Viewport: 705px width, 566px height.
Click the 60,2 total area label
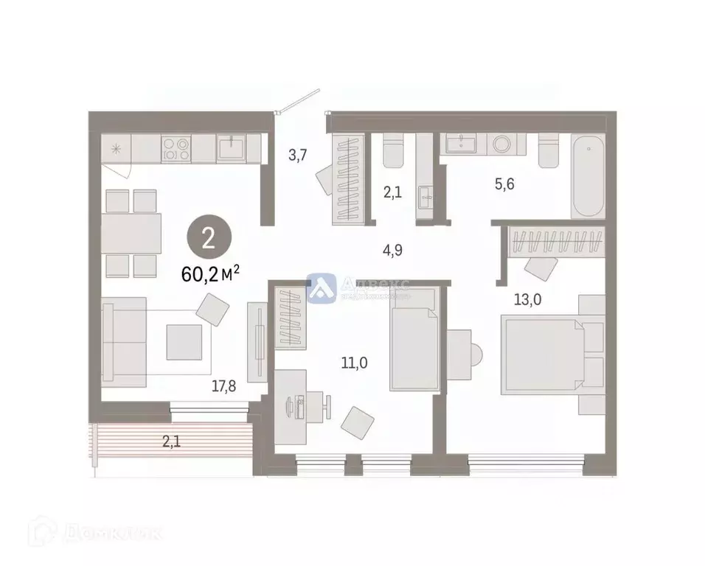pyautogui.click(x=211, y=276)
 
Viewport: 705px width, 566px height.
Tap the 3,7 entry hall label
pyautogui.click(x=297, y=155)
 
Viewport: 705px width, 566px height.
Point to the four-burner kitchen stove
pyautogui.click(x=176, y=150)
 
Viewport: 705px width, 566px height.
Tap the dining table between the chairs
pyautogui.click(x=131, y=233)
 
